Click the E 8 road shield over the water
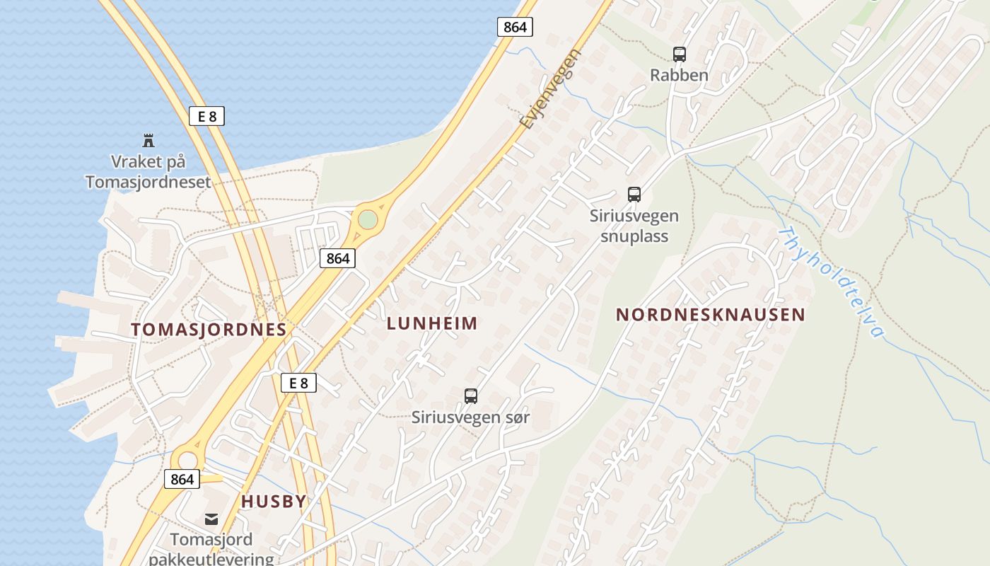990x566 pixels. point(206,116)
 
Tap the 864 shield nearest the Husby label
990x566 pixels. point(182,479)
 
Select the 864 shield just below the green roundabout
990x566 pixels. point(337,258)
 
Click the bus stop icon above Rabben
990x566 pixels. point(679,54)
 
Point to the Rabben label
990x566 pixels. point(679,75)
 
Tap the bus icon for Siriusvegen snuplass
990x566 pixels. point(634,195)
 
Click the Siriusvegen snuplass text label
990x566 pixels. point(634,226)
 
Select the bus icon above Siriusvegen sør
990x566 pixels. point(471,396)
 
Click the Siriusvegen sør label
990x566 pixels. point(471,417)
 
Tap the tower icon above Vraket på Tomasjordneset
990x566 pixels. point(148,140)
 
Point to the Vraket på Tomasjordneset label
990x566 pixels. point(148,172)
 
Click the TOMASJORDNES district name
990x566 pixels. point(209,329)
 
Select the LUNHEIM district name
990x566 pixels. point(432,323)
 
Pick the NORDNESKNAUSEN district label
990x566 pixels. point(710,315)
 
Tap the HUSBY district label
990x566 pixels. point(274,501)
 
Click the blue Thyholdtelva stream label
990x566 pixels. point(832,281)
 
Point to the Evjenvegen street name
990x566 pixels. point(550,88)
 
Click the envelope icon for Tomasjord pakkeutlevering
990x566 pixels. point(211,519)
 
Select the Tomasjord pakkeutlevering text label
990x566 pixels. point(211,549)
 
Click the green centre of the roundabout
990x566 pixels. point(367,219)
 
